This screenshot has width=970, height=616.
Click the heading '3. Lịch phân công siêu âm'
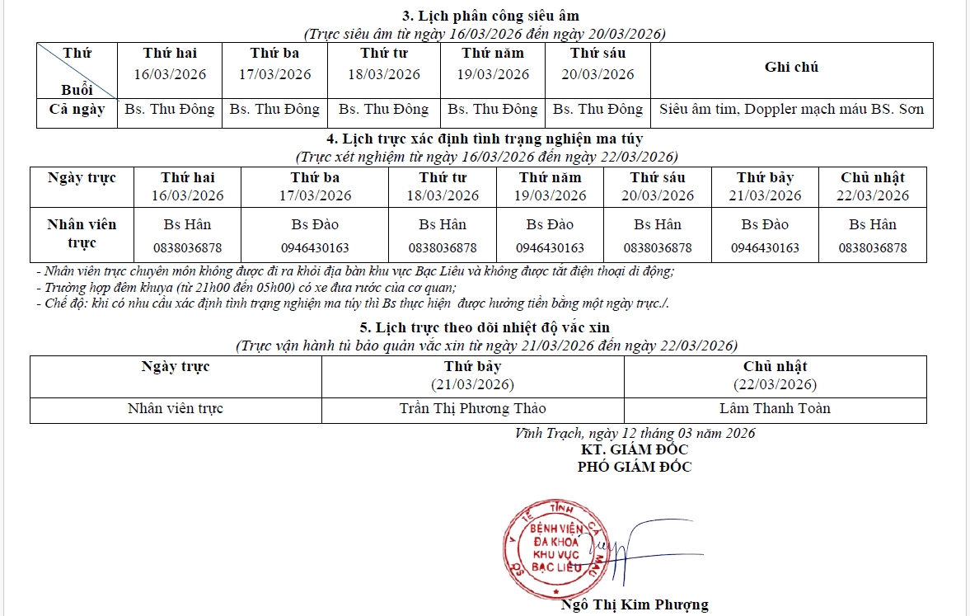[x=490, y=16]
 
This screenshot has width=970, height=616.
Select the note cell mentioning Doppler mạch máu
[x=791, y=109]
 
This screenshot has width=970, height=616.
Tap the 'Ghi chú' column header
[x=791, y=68]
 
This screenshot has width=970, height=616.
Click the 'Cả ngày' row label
[x=77, y=109]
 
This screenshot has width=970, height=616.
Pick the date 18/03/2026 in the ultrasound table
[x=383, y=74]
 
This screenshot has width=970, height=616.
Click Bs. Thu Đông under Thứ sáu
[x=597, y=109]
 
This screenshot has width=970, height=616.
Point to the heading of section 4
[x=485, y=139]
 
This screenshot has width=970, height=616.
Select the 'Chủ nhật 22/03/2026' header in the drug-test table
[x=872, y=186]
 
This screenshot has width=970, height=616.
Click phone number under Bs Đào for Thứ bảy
[x=764, y=247]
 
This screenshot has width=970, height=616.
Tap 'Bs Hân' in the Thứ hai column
[x=187, y=224]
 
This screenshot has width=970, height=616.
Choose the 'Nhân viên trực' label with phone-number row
[x=82, y=233]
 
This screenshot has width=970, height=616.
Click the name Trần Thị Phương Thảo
[x=472, y=408]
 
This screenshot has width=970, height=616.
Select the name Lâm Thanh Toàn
[x=775, y=408]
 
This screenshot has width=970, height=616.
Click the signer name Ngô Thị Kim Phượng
[x=634, y=604]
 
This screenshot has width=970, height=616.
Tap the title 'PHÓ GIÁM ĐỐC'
[x=634, y=467]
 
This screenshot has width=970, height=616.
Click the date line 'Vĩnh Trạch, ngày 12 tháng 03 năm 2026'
[x=635, y=433]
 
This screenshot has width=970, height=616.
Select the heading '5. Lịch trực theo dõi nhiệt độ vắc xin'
[x=485, y=328]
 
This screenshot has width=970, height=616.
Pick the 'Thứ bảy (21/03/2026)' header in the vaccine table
[x=472, y=375]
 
